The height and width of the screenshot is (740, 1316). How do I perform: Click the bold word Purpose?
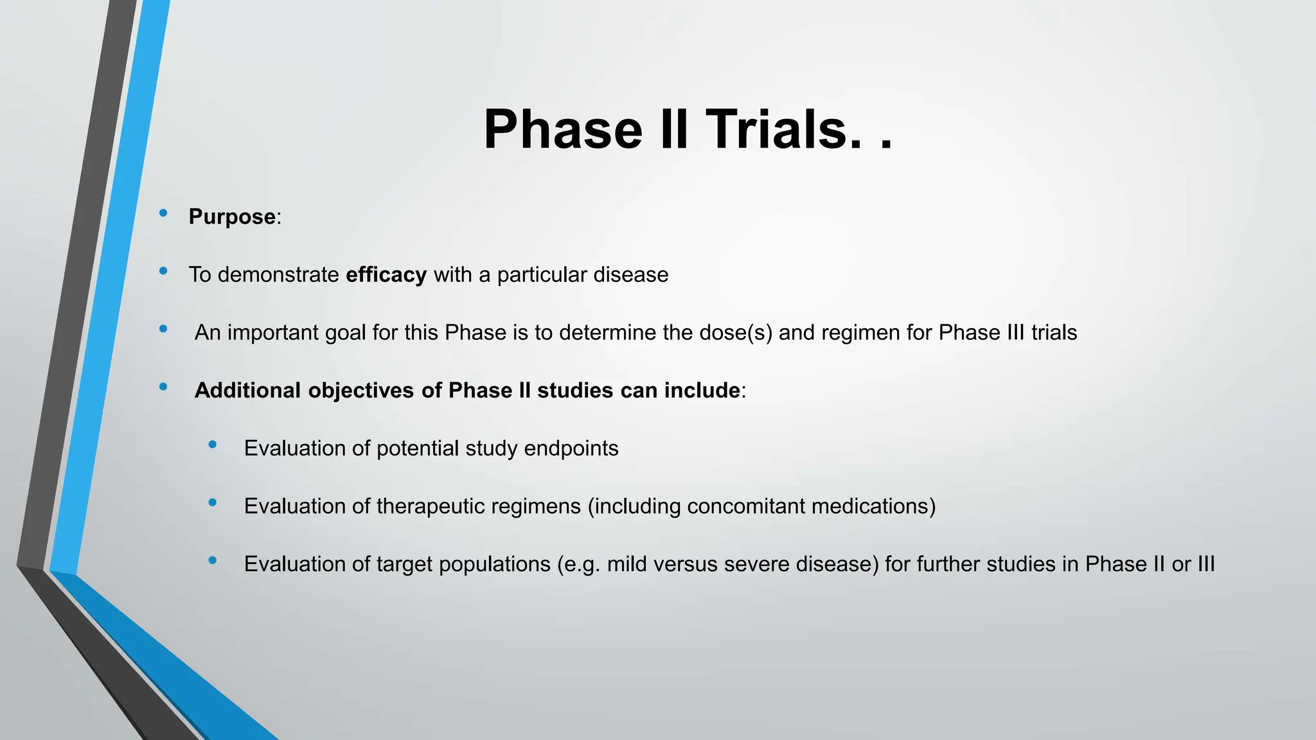point(232,217)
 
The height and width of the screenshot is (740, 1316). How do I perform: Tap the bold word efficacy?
point(386,275)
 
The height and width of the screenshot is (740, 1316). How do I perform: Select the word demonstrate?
point(278,275)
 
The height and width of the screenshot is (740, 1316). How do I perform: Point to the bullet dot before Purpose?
point(163,213)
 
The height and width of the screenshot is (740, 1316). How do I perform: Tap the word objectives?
point(360,391)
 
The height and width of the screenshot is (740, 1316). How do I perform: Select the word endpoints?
point(571,448)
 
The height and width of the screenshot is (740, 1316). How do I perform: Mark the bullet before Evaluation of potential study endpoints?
point(213,445)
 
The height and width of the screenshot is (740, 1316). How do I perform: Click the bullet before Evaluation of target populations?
point(213,560)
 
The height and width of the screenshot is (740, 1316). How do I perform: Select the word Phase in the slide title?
point(563,130)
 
